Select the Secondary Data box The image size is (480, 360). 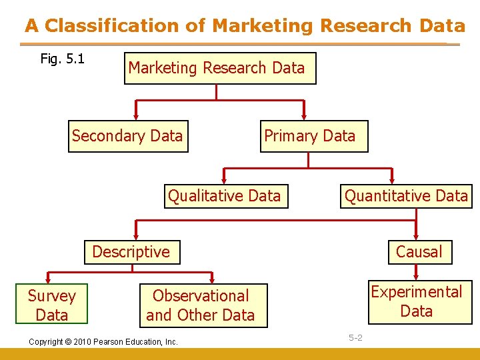(x=128, y=136)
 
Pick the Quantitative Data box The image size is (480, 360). (x=406, y=196)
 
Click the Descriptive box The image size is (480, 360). (x=132, y=252)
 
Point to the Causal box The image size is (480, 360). (x=419, y=252)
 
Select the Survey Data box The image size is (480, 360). (x=51, y=305)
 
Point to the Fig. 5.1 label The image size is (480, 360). (x=62, y=59)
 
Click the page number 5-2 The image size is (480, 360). (x=355, y=338)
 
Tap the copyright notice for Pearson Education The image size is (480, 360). (x=103, y=342)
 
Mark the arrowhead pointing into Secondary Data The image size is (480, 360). (x=136, y=115)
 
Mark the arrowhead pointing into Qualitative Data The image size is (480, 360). (x=224, y=179)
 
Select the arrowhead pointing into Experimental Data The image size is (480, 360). (x=416, y=274)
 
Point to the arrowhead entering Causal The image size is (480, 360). (x=416, y=235)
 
